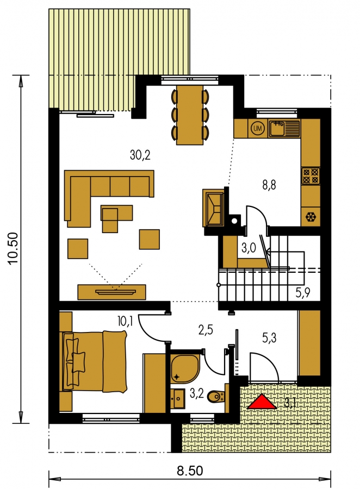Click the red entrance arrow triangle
[262, 402]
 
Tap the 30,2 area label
[140, 155]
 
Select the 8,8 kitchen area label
[269, 185]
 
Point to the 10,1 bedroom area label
[125, 321]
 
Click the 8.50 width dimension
[190, 471]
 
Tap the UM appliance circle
[258, 128]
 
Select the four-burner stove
[311, 176]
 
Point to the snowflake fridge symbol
[311, 217]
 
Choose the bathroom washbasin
[178, 398]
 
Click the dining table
[190, 115]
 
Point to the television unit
[112, 292]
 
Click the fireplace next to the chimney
[214, 208]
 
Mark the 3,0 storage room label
[249, 248]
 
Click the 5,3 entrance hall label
[269, 338]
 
